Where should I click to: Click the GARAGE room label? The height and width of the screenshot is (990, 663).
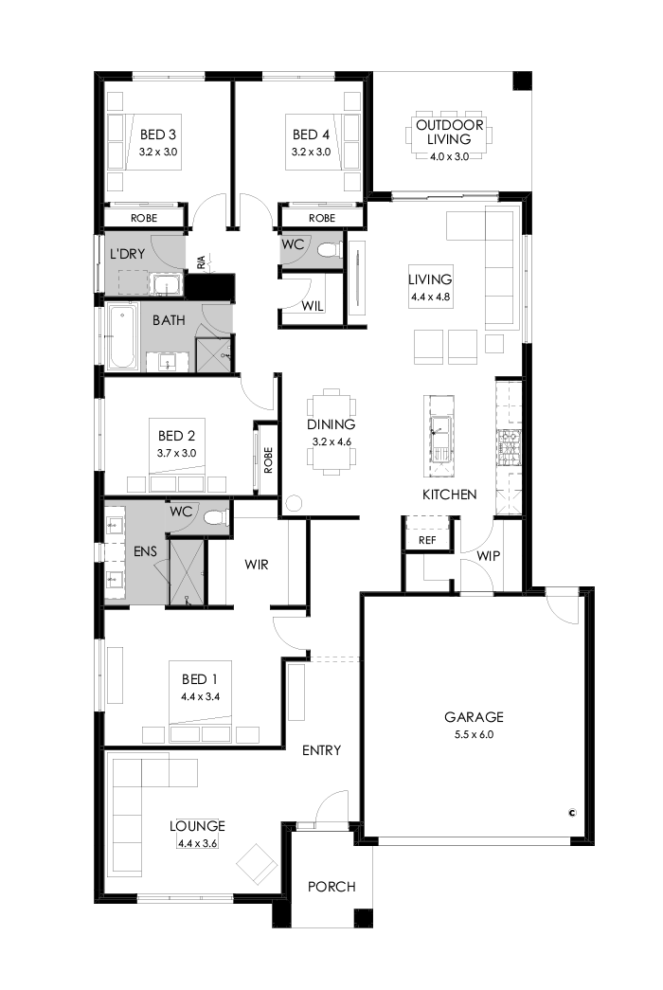477,717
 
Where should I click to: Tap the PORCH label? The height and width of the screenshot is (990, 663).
331,887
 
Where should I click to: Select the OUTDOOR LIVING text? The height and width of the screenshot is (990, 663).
450,132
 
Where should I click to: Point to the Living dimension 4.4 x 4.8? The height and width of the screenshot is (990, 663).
431,297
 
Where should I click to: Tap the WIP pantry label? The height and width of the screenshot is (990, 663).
489,555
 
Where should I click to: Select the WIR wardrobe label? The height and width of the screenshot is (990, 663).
257,565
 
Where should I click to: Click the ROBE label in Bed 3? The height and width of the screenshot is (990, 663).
144,217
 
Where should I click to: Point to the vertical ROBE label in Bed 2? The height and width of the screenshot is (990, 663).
268,459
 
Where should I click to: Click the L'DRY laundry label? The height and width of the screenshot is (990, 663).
126,254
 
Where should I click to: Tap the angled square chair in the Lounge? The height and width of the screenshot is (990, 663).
256,864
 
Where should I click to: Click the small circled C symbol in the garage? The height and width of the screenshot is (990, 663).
572,812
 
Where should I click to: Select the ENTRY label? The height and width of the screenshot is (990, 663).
321,750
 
